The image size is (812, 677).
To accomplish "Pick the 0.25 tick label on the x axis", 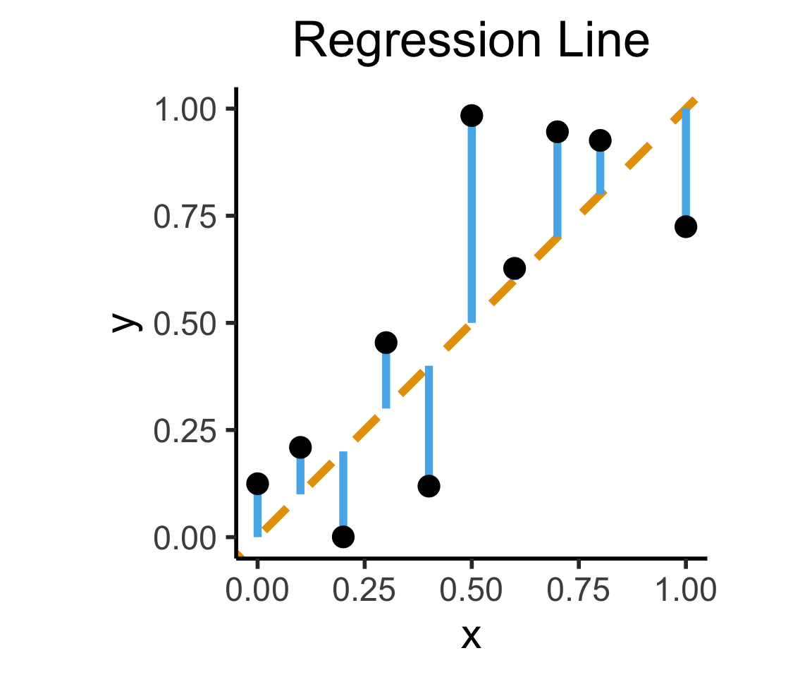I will click(364, 589).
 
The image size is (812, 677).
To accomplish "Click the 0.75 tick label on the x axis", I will click(578, 589).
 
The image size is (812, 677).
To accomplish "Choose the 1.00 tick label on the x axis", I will click(685, 589).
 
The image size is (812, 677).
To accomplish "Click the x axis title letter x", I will click(471, 637).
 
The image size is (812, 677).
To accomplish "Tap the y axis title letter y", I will click(128, 322).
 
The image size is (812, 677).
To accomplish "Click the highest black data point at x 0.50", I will click(472, 116).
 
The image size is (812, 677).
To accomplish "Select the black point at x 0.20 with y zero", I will click(343, 537).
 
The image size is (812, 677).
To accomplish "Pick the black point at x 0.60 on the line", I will click(515, 268).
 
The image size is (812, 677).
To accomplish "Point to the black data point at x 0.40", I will click(429, 486).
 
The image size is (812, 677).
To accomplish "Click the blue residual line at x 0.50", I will click(472, 226).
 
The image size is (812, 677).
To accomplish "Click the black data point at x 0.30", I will click(386, 343).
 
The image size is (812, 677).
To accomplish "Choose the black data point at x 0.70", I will click(558, 132).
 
